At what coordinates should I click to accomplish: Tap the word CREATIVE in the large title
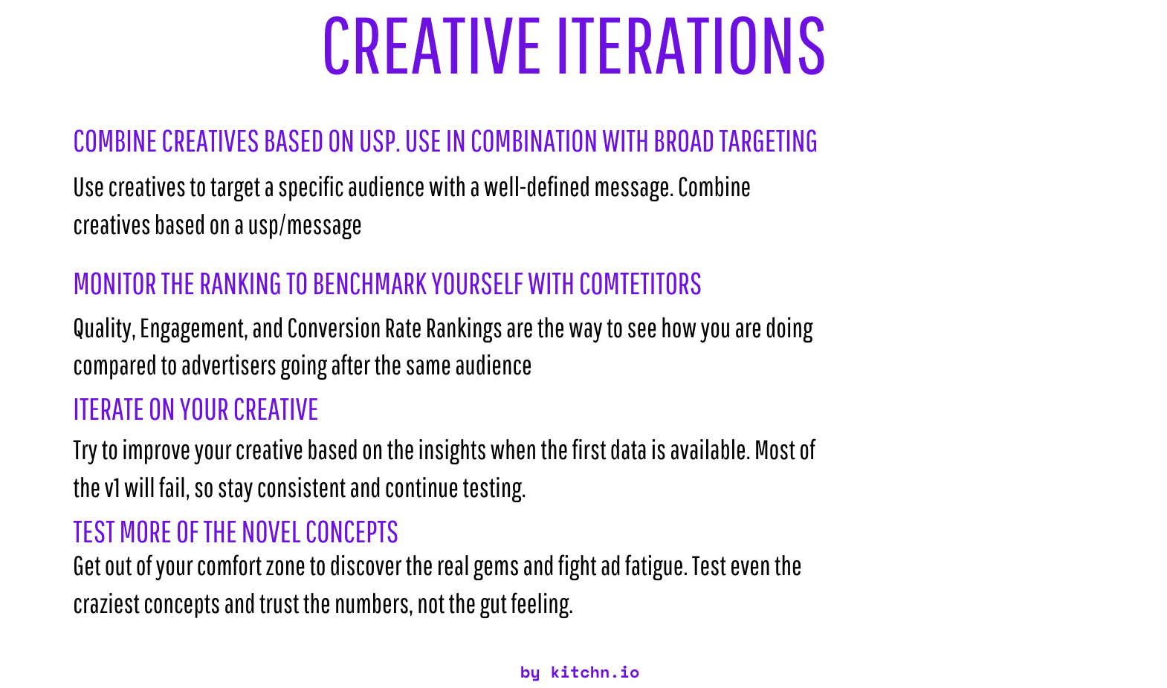pyautogui.click(x=432, y=45)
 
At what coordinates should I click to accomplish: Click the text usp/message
pyautogui.click(x=304, y=226)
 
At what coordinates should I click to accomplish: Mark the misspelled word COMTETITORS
pyautogui.click(x=640, y=284)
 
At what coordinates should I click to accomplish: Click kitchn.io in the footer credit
pyautogui.click(x=595, y=672)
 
